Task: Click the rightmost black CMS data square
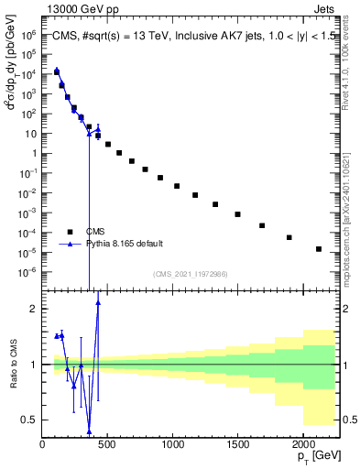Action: click(x=319, y=249)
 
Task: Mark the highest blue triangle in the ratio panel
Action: click(x=98, y=303)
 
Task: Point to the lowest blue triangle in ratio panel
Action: click(x=89, y=431)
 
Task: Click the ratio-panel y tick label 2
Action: click(x=31, y=309)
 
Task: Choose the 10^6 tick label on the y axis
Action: click(x=28, y=35)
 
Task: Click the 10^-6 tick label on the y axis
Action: click(x=28, y=272)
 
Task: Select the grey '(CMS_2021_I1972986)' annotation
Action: click(x=190, y=274)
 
